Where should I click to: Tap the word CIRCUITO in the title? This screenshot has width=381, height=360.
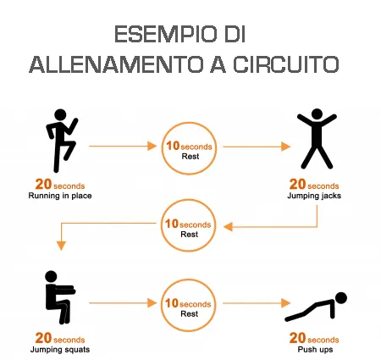(279, 65)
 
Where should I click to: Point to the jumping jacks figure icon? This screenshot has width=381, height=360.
(312, 139)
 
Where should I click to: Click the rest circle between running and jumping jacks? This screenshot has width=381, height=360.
(190, 147)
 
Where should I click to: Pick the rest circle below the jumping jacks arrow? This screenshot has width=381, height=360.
(190, 226)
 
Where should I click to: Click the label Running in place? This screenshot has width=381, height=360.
(60, 197)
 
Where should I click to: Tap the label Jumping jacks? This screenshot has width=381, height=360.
(314, 197)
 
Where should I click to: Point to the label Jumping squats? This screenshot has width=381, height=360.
(60, 349)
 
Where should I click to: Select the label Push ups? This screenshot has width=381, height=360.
(314, 349)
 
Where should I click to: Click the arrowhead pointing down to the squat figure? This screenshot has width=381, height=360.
(60, 246)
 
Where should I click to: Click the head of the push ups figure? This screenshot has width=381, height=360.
(340, 297)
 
